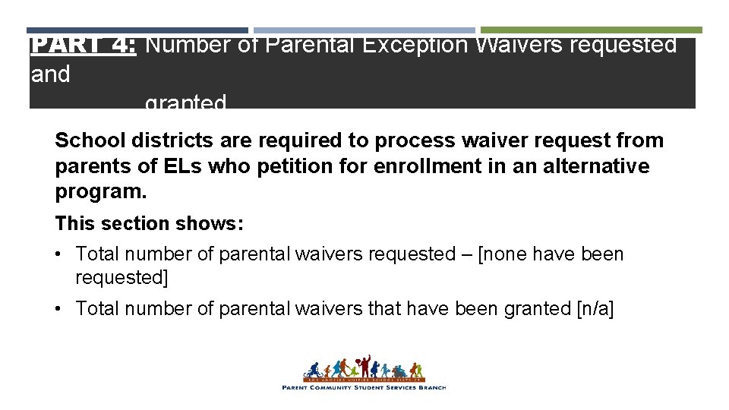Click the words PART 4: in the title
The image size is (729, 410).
click(84, 46)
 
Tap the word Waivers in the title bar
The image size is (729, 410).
click(516, 46)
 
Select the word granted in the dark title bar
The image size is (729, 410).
click(185, 102)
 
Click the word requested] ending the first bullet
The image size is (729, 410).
click(121, 278)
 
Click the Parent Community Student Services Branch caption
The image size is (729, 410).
click(364, 388)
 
